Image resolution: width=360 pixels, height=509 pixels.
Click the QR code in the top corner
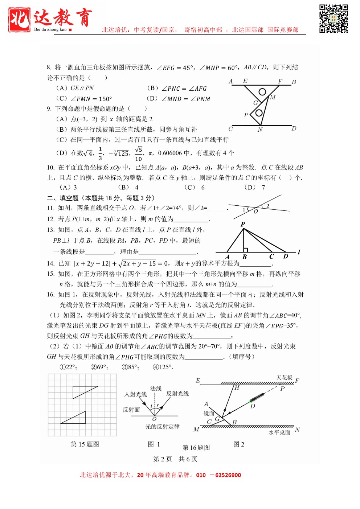pos(334,19)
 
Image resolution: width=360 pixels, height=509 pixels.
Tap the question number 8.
pos(49,67)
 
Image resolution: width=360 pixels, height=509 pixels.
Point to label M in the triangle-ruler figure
pos(273,97)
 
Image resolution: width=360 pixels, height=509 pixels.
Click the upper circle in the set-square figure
pos(262,92)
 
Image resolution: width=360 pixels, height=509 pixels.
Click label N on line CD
pos(260,130)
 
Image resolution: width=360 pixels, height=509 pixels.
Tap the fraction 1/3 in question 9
pos(100,153)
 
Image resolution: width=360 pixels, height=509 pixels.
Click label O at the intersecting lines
pos(256,212)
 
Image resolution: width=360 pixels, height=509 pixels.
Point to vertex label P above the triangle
pos(243,225)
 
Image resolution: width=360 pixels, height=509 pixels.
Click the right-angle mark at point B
pos(246,250)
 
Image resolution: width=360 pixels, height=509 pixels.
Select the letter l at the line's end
pos(299,252)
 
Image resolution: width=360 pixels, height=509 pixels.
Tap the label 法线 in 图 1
pos(156,389)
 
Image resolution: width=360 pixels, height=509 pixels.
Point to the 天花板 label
pos(284,378)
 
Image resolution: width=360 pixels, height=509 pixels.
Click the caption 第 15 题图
pos(85,444)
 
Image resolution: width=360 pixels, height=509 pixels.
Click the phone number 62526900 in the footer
pos(228,475)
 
